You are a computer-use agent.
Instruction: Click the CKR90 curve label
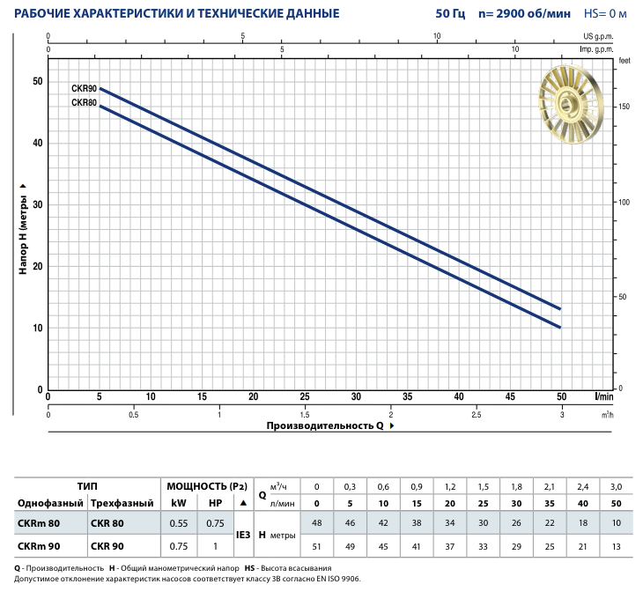[84, 90]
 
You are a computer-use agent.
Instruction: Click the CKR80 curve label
[84, 103]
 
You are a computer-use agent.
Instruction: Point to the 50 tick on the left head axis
[37, 81]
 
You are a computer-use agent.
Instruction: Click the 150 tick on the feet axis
[624, 107]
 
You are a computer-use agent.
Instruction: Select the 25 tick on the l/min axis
[305, 396]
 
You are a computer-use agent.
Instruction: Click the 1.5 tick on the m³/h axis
[305, 414]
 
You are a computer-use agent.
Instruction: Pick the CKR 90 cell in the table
[107, 545]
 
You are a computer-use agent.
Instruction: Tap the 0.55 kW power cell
[179, 522]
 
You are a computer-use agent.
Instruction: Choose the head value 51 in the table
[317, 545]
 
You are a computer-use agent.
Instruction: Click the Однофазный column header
[49, 502]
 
